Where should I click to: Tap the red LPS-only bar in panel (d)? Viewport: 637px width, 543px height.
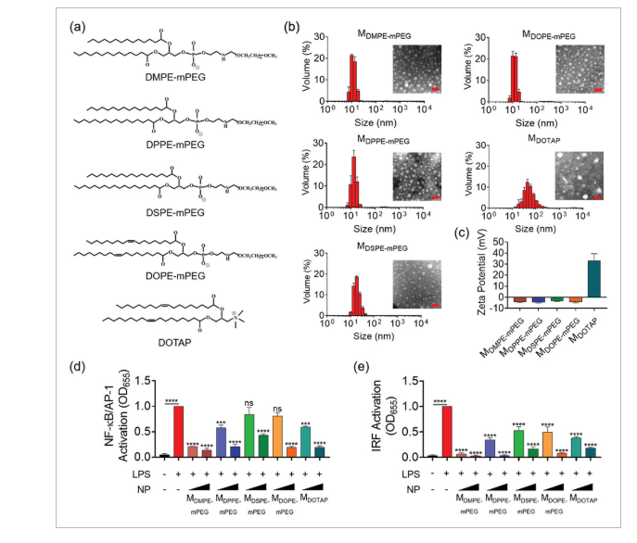(176, 431)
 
